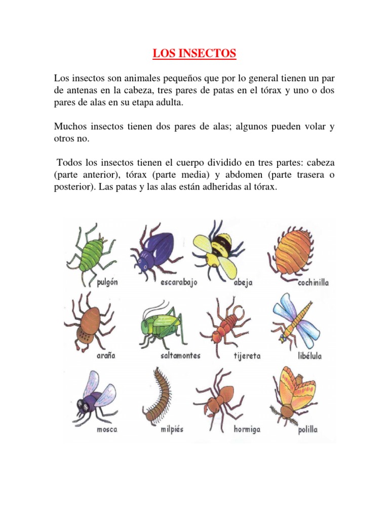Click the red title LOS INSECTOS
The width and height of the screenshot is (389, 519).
tap(194, 53)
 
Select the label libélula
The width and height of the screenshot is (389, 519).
tap(310, 356)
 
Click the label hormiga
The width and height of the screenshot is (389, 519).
tap(247, 430)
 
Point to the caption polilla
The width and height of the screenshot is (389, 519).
tap(308, 430)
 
